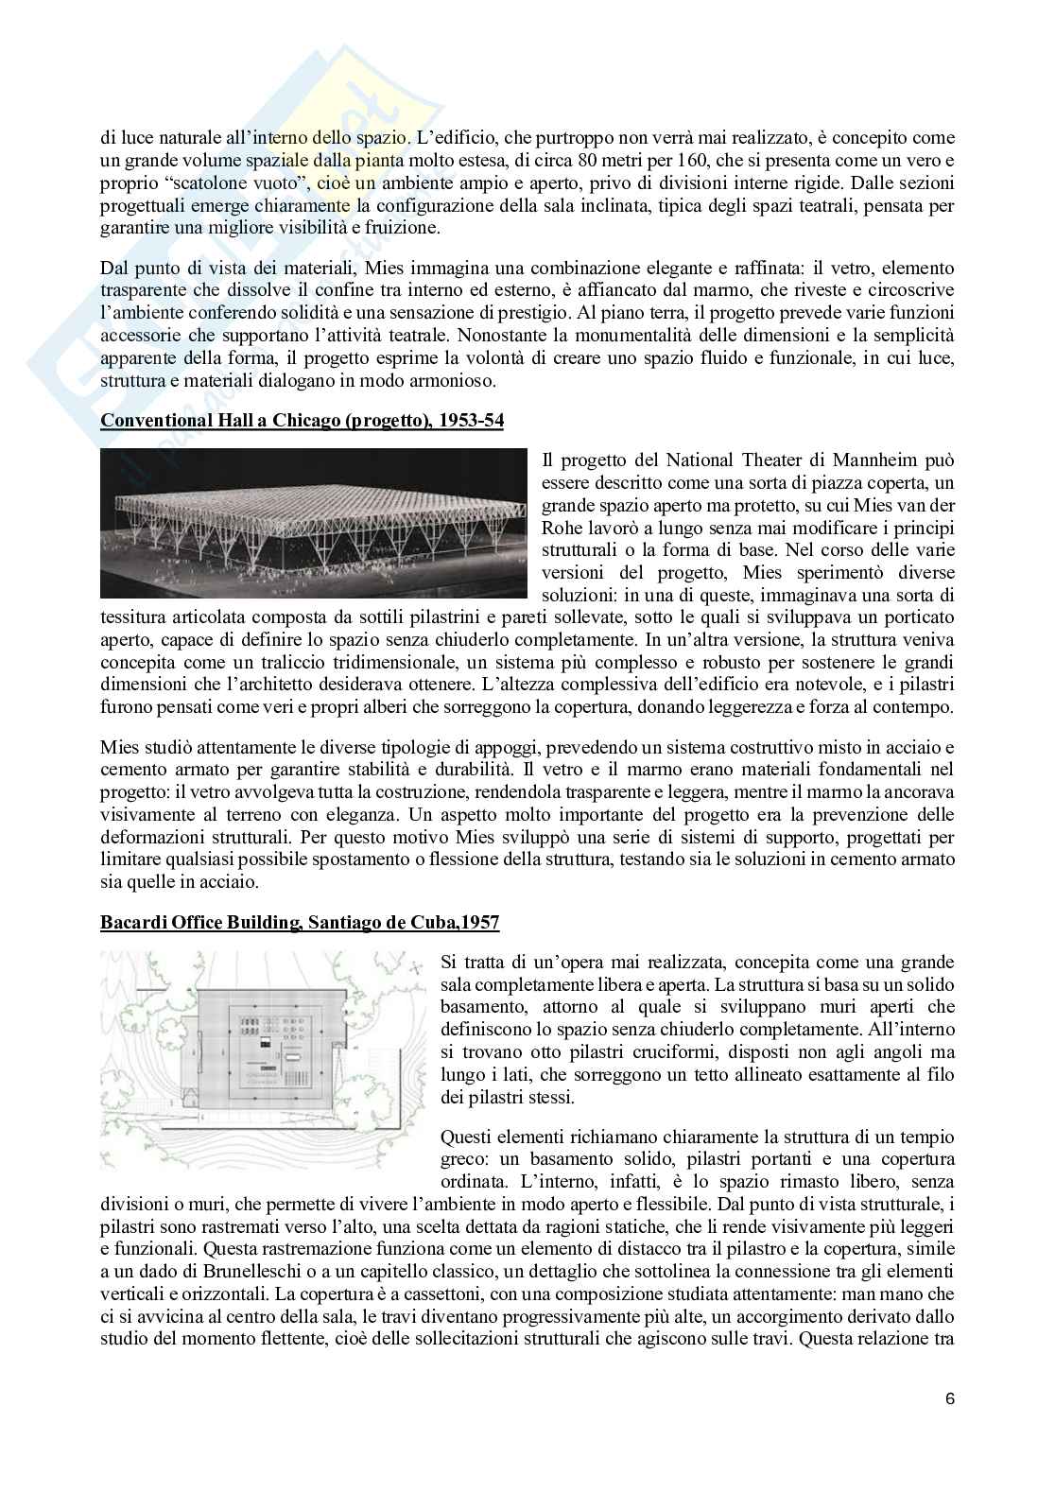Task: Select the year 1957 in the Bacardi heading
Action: (477, 922)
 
